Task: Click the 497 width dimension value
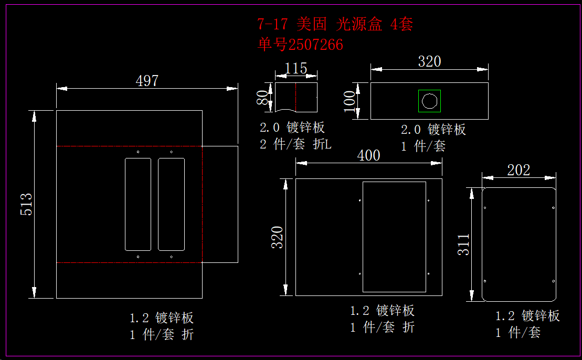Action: (147, 81)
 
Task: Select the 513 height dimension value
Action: (27, 204)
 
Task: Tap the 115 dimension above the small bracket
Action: (296, 69)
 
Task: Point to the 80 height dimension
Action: (262, 98)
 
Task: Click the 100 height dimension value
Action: (350, 101)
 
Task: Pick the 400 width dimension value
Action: (368, 155)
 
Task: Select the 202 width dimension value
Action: (518, 170)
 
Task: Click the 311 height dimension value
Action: (464, 244)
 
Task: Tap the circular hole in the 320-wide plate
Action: (429, 101)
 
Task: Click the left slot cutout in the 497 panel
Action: (138, 204)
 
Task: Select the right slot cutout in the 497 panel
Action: (171, 204)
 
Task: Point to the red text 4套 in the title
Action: (402, 24)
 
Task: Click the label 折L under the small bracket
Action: (322, 144)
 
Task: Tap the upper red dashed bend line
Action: (129, 146)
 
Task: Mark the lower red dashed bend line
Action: (129, 262)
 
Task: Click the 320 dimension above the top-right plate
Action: (429, 61)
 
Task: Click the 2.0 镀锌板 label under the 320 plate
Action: (433, 130)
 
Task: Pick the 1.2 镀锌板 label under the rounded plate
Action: (528, 316)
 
